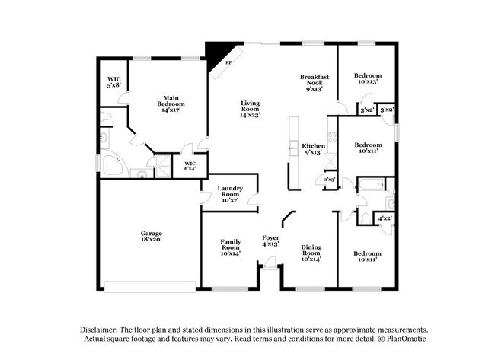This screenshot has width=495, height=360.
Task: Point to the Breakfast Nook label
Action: [313, 83]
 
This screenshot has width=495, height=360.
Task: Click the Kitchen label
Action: [314, 148]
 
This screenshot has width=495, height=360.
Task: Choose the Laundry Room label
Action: [229, 193]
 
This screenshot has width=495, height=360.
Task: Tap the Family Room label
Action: [231, 248]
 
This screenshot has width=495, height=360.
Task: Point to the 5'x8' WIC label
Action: [113, 81]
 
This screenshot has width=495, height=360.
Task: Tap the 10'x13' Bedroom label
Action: [368, 78]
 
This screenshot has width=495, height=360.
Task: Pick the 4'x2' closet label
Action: [385, 219]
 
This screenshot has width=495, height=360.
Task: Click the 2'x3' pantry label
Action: [331, 180]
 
